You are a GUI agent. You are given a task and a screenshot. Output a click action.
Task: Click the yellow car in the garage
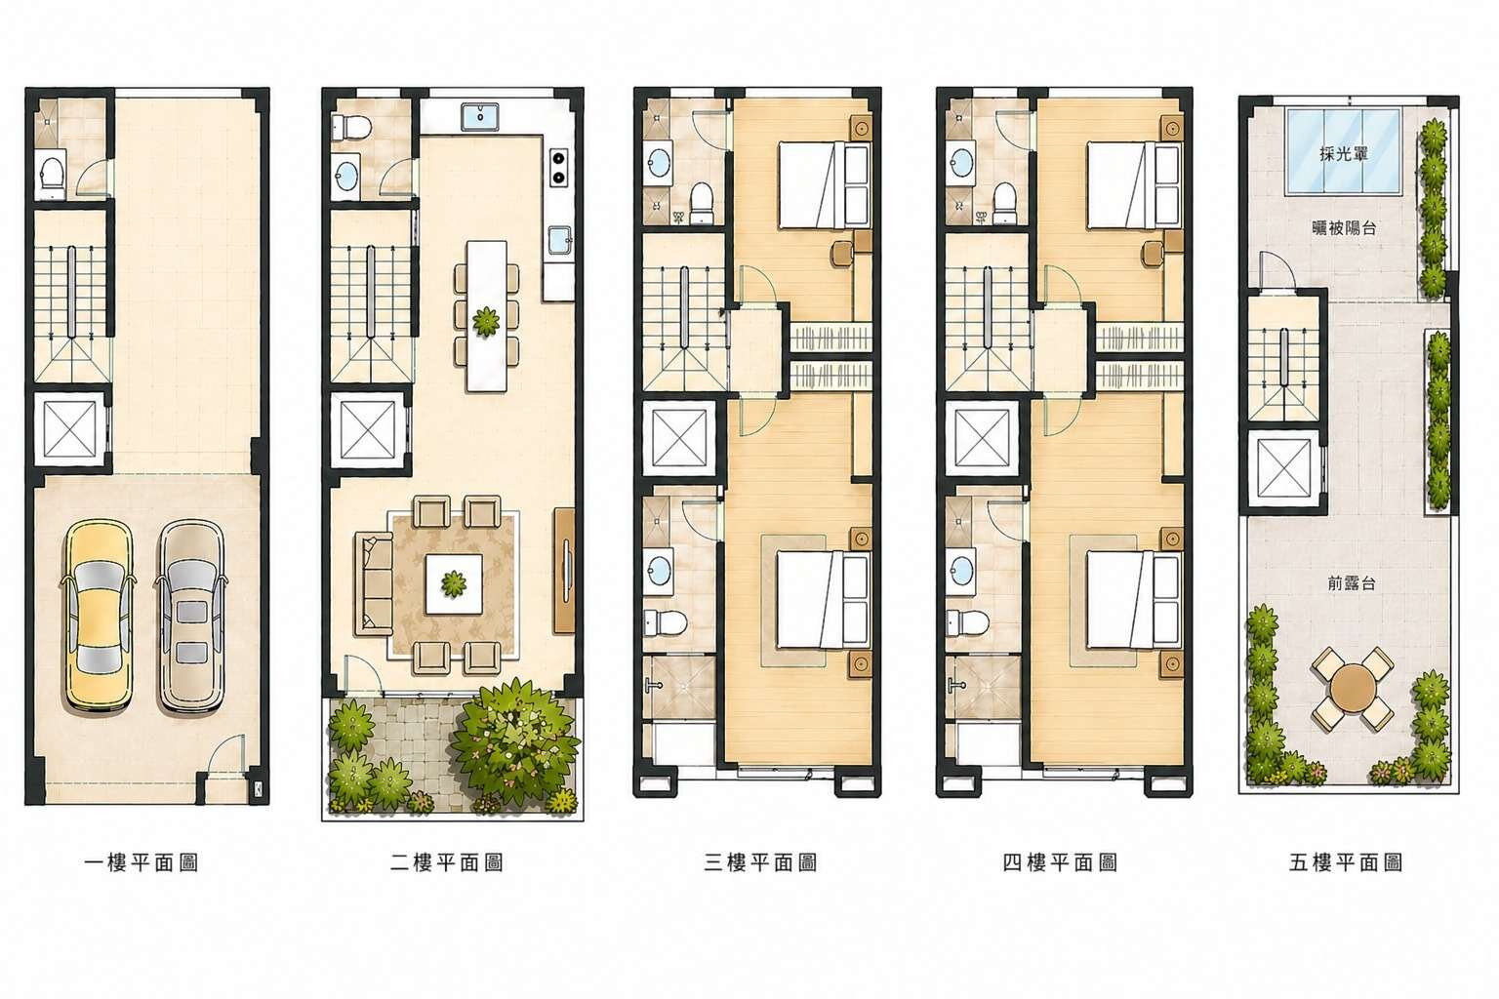(98, 615)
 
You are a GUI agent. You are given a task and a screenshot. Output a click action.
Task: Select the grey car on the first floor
(190, 615)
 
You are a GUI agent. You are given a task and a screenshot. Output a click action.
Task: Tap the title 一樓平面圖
(142, 863)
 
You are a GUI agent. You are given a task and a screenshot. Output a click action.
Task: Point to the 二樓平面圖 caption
(446, 863)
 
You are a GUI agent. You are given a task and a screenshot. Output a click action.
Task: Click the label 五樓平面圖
(1346, 863)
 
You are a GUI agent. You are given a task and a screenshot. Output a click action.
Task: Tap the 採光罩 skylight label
(1344, 154)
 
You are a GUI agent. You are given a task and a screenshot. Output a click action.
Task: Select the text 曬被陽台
(1344, 228)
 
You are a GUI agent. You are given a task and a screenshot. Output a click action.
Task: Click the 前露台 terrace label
(1351, 583)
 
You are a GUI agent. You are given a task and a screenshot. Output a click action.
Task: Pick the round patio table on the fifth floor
(1353, 689)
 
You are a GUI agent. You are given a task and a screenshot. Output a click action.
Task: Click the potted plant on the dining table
(486, 322)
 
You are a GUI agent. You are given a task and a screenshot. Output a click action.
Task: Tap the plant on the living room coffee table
(454, 584)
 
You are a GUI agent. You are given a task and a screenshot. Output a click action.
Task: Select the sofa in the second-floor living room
(374, 583)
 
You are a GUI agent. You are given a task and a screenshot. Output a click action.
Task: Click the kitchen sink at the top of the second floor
(480, 116)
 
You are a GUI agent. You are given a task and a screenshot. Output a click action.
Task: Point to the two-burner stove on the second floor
(557, 167)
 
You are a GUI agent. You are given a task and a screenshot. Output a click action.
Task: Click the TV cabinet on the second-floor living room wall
(564, 571)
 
